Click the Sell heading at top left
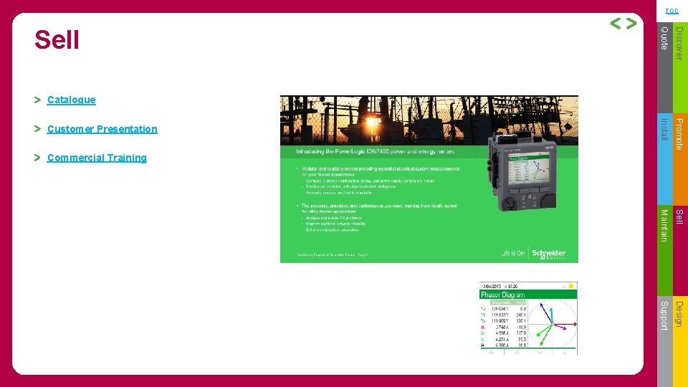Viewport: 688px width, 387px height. click(57, 40)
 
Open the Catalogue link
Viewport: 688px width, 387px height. click(71, 100)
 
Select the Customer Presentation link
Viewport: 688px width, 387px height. click(102, 129)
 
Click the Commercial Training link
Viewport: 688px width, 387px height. click(97, 158)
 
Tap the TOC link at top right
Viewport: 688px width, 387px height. click(672, 11)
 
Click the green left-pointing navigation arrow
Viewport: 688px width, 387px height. click(616, 24)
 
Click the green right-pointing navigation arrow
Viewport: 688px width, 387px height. click(631, 24)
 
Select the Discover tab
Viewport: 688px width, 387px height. click(681, 42)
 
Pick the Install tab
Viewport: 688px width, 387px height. click(664, 129)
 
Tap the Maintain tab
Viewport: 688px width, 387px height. click(664, 224)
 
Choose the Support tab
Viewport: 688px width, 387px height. click(664, 315)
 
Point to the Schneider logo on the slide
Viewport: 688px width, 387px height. click(548, 254)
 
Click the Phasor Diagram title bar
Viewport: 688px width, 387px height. click(527, 294)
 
